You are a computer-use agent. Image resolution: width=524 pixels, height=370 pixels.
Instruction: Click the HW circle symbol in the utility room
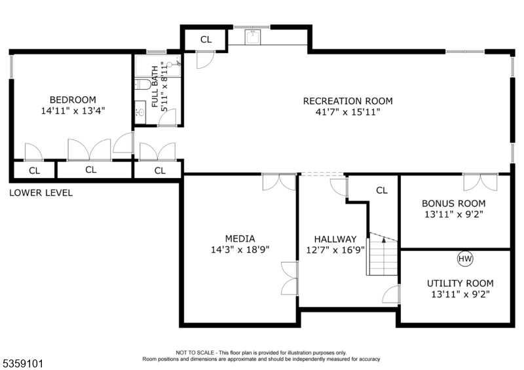click(x=465, y=259)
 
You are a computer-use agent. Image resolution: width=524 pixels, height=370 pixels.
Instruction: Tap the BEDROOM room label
click(x=73, y=100)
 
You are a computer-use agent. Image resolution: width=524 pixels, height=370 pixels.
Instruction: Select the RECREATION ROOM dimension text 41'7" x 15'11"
click(x=348, y=111)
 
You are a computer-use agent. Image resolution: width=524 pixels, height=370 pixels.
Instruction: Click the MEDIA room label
click(x=240, y=238)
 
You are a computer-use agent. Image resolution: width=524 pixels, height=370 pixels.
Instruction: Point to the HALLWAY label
click(x=335, y=239)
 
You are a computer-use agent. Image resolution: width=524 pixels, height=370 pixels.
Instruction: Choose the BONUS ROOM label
click(x=453, y=204)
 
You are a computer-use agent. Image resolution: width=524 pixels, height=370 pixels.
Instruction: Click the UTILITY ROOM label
click(x=460, y=284)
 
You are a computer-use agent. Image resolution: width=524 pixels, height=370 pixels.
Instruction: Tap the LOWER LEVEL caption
click(x=41, y=193)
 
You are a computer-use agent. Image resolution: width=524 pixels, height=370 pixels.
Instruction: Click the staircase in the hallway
click(x=383, y=254)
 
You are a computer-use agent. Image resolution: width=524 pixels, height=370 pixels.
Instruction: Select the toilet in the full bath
click(x=142, y=84)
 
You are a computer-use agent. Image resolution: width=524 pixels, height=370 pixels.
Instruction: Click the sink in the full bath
click(x=141, y=112)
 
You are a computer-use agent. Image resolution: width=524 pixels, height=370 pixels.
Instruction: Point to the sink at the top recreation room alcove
click(x=253, y=37)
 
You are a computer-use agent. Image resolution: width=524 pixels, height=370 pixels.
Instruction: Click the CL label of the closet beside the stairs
click(x=382, y=191)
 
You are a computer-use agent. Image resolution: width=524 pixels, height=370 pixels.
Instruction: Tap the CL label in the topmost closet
click(x=206, y=40)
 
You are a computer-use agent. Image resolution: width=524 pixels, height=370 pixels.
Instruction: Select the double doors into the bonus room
click(x=480, y=183)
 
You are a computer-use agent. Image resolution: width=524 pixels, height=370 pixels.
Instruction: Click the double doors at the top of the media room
click(x=279, y=182)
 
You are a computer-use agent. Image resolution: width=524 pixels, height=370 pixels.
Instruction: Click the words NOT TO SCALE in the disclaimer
click(x=195, y=352)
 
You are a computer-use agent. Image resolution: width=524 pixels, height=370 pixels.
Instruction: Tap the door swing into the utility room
click(x=391, y=295)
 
